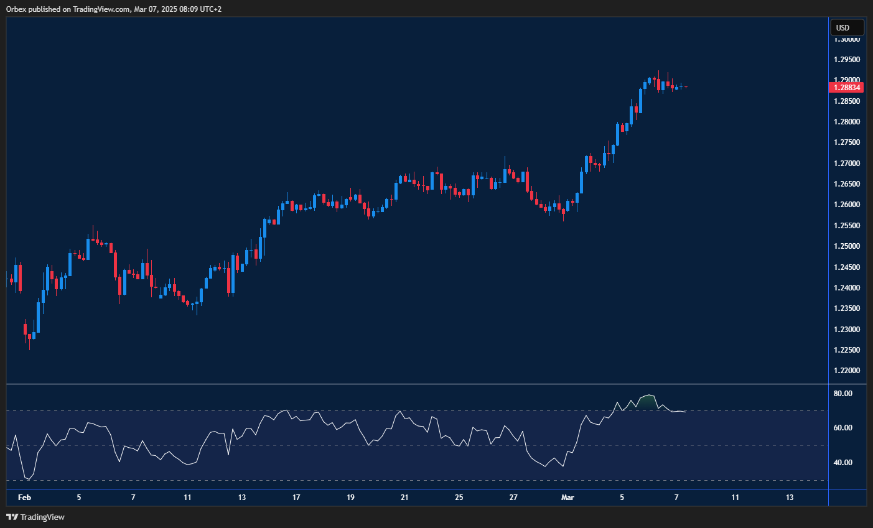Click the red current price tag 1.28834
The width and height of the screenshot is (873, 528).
847,88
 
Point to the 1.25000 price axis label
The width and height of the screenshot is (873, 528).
847,246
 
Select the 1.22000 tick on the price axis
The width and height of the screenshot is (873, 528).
847,371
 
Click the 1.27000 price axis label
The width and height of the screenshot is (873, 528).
847,164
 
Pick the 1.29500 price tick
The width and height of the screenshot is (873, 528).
847,60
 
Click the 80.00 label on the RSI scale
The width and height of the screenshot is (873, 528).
843,394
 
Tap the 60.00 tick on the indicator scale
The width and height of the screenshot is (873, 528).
843,428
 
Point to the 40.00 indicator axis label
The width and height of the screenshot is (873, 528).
843,463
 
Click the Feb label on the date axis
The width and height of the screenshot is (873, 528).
24,498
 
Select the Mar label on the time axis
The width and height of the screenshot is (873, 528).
567,498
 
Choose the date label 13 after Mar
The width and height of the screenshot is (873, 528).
790,498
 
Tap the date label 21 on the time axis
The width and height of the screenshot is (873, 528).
404,498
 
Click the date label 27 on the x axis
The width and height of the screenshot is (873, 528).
513,498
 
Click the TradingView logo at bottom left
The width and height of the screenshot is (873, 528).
35,517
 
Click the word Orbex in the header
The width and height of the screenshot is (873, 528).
16,9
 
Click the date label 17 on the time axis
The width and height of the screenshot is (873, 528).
296,498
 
